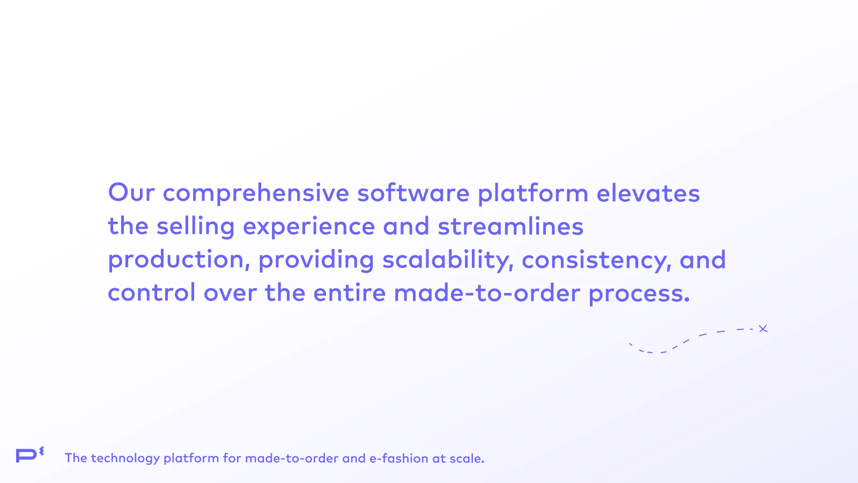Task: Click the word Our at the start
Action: pyautogui.click(x=131, y=192)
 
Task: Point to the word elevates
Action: pyautogui.click(x=648, y=193)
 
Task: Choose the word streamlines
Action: pyautogui.click(x=511, y=225)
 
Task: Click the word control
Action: pyautogui.click(x=152, y=292)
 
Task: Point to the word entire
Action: pyautogui.click(x=349, y=292)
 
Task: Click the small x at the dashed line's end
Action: pyautogui.click(x=764, y=328)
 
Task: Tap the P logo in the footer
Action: pyautogui.click(x=30, y=455)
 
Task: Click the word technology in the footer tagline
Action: pyautogui.click(x=125, y=458)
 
